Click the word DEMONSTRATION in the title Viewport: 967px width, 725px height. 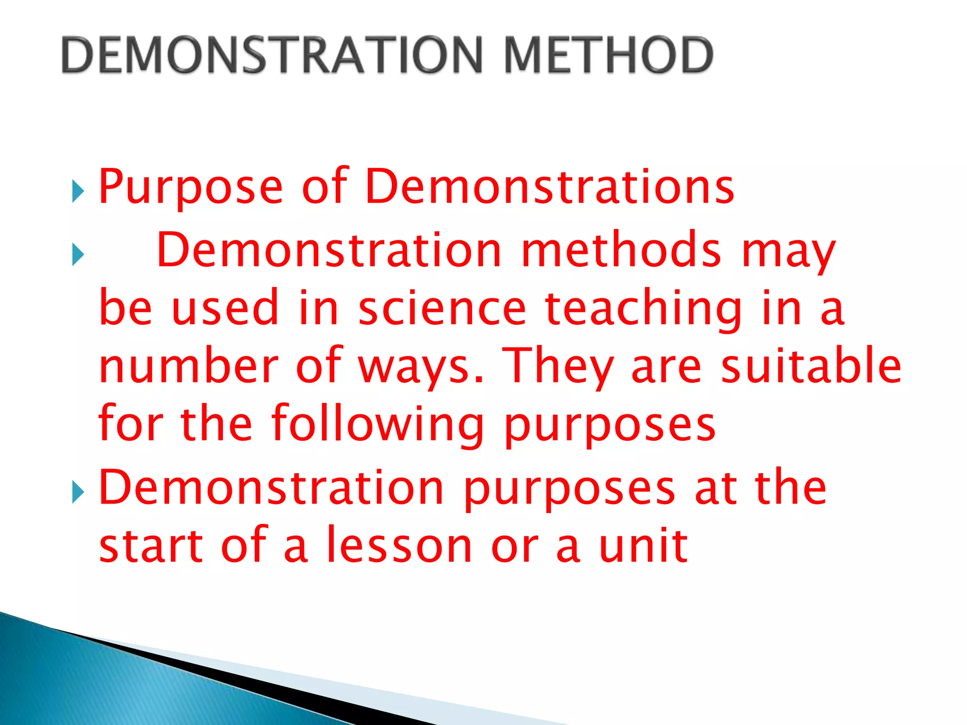pyautogui.click(x=272, y=55)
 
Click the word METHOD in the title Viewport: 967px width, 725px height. pyautogui.click(x=609, y=55)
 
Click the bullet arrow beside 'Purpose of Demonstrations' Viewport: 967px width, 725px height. pyautogui.click(x=78, y=192)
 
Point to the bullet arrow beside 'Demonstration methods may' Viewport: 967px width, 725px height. pyautogui.click(x=78, y=255)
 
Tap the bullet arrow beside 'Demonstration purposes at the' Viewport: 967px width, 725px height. pyautogui.click(x=78, y=493)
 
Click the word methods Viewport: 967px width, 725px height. pyautogui.click(x=621, y=250)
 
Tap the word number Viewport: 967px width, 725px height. pyautogui.click(x=189, y=366)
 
